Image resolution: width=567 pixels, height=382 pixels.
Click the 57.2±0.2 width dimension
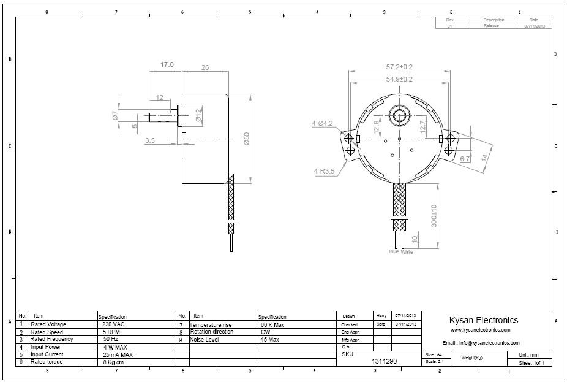point(399,66)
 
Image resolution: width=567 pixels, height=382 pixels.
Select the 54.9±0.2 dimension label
point(399,79)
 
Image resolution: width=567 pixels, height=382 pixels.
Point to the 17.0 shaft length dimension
point(167,64)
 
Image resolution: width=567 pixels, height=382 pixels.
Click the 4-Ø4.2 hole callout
point(322,124)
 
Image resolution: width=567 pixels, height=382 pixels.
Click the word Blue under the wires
point(394,251)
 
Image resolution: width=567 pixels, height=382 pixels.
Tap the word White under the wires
point(407,251)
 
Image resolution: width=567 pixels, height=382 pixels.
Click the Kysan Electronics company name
point(483,320)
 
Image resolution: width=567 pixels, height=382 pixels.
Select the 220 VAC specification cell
point(113,324)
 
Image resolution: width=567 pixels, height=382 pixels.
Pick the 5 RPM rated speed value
point(111,332)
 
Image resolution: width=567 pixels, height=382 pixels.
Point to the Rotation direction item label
point(211,332)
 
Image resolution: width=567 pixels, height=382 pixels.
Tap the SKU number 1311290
point(385,362)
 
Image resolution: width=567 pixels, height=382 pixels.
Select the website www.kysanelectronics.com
point(480,330)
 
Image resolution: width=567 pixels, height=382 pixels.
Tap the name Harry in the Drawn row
point(381,315)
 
